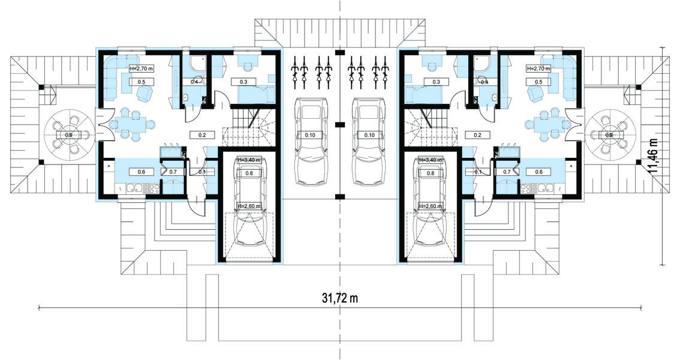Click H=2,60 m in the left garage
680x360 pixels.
pyautogui.click(x=249, y=206)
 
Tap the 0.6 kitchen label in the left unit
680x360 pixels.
pyautogui.click(x=142, y=172)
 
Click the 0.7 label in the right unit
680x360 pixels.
pyautogui.click(x=507, y=172)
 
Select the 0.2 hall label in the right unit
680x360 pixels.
pyautogui.click(x=477, y=135)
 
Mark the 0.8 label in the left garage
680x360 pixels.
pyautogui.click(x=249, y=173)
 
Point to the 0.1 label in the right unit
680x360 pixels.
pyautogui.click(x=478, y=172)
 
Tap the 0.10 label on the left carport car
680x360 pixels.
pyautogui.click(x=310, y=135)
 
